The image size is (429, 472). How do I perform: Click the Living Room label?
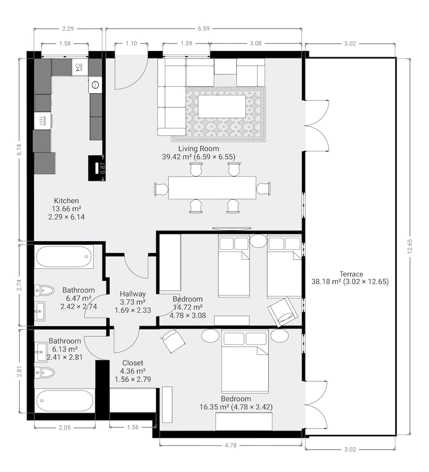click(x=198, y=148)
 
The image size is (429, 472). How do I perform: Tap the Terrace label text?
click(x=351, y=274)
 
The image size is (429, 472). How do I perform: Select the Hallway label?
click(x=133, y=294)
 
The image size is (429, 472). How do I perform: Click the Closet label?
click(x=133, y=362)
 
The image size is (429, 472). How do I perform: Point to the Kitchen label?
click(x=67, y=201)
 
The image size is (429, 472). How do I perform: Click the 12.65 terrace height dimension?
click(x=410, y=246)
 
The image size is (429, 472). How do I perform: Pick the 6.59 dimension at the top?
click(x=204, y=29)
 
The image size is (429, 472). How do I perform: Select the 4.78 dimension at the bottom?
click(x=231, y=445)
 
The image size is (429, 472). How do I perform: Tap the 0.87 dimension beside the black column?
click(x=103, y=168)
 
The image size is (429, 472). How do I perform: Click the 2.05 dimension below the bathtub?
click(x=65, y=428)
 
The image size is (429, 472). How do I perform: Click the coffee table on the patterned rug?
click(x=222, y=106)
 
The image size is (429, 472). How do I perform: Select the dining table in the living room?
click(x=212, y=188)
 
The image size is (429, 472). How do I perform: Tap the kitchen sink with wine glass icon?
click(x=80, y=67)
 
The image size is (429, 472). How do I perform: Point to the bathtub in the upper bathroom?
click(x=64, y=257)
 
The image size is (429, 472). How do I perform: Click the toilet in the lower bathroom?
click(x=44, y=373)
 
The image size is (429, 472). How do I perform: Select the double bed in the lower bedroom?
click(x=245, y=361)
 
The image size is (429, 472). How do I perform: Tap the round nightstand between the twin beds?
click(x=258, y=241)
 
